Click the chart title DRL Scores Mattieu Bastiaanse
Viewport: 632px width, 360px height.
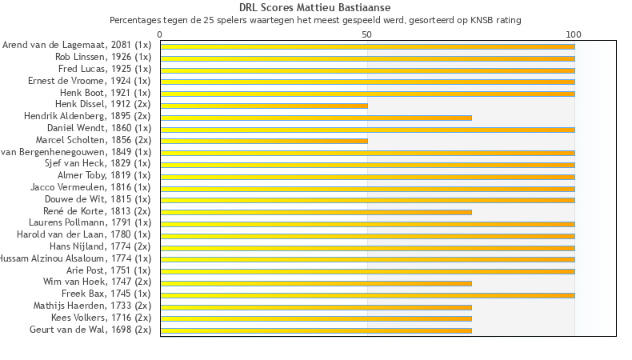[x=315, y=8]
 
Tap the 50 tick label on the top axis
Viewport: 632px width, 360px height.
[x=366, y=35]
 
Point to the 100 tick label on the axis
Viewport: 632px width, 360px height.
[x=574, y=35]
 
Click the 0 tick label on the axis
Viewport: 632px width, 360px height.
[x=160, y=35]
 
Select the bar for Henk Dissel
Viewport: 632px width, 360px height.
[x=264, y=106]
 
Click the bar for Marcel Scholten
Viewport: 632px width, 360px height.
[x=264, y=141]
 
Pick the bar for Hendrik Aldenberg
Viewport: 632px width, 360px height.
[x=316, y=118]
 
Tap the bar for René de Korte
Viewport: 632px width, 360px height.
[x=316, y=212]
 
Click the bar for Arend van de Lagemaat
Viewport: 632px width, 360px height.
[x=367, y=46]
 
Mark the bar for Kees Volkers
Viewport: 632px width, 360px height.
[x=316, y=318]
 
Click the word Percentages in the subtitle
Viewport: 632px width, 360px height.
[x=133, y=20]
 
